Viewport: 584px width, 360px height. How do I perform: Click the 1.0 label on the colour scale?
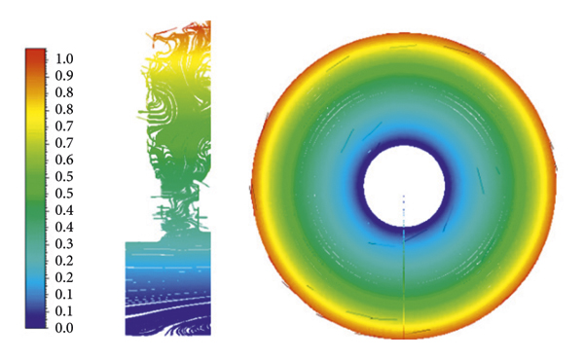click(64, 58)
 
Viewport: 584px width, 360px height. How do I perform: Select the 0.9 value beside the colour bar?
click(64, 76)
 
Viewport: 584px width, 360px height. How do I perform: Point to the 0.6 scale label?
click(64, 160)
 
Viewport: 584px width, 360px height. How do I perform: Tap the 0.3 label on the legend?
click(64, 244)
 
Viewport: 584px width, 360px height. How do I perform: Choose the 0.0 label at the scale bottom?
click(64, 328)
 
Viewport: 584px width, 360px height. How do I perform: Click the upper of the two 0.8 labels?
click(64, 92)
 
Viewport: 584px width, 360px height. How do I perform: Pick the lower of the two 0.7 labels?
click(64, 143)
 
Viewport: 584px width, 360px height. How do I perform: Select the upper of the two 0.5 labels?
click(64, 176)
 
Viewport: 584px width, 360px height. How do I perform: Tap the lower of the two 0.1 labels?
click(64, 311)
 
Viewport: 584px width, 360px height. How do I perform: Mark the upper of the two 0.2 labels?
click(64, 261)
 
